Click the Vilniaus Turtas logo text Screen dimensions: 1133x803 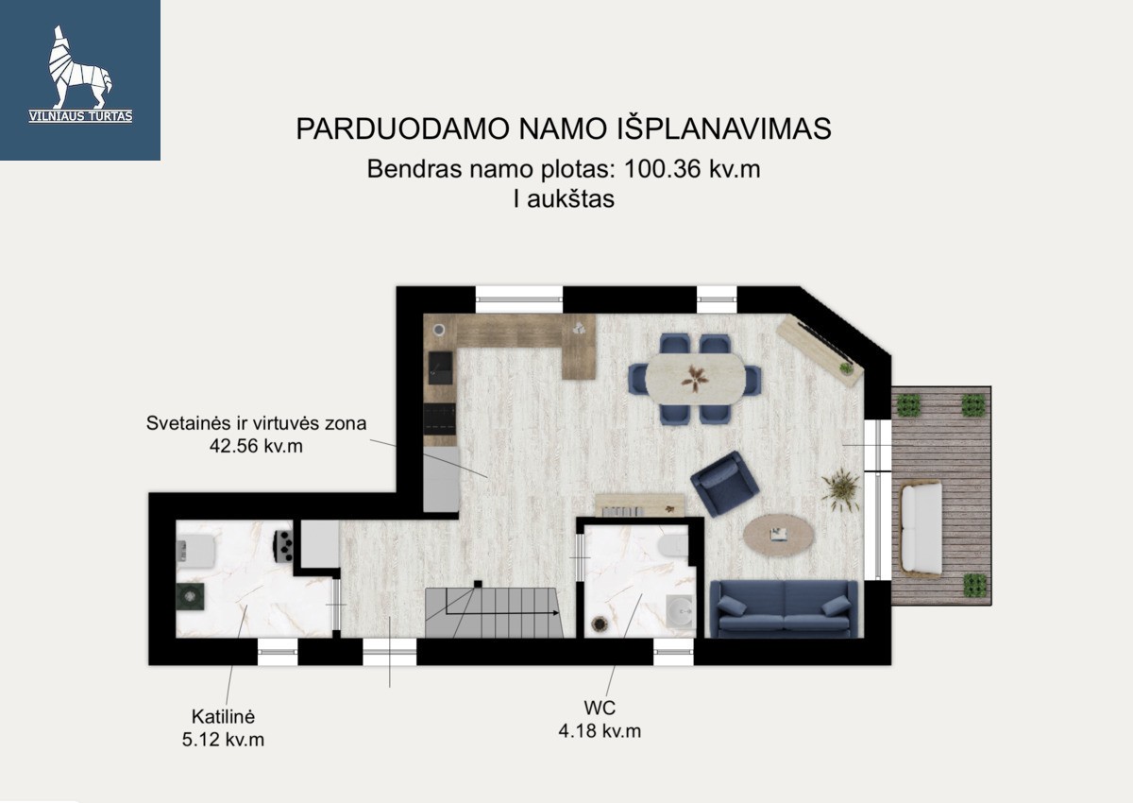[80, 116]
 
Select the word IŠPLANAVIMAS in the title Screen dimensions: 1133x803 [724, 128]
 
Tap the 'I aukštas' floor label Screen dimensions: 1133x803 [564, 198]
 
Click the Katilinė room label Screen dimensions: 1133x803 [223, 716]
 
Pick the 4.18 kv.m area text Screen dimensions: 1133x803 [600, 731]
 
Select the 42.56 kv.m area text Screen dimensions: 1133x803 [256, 446]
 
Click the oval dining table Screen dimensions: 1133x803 [695, 379]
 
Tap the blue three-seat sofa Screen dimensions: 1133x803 [784, 608]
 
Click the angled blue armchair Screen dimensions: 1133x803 [724, 484]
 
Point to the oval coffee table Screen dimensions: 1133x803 [779, 535]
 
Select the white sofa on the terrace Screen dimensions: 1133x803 [922, 529]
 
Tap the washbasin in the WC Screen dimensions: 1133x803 [681, 612]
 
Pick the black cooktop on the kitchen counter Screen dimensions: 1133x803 [439, 419]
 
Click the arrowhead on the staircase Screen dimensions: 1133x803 [556, 613]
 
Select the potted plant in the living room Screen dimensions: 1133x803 [840, 490]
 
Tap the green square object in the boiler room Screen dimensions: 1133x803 [190, 597]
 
